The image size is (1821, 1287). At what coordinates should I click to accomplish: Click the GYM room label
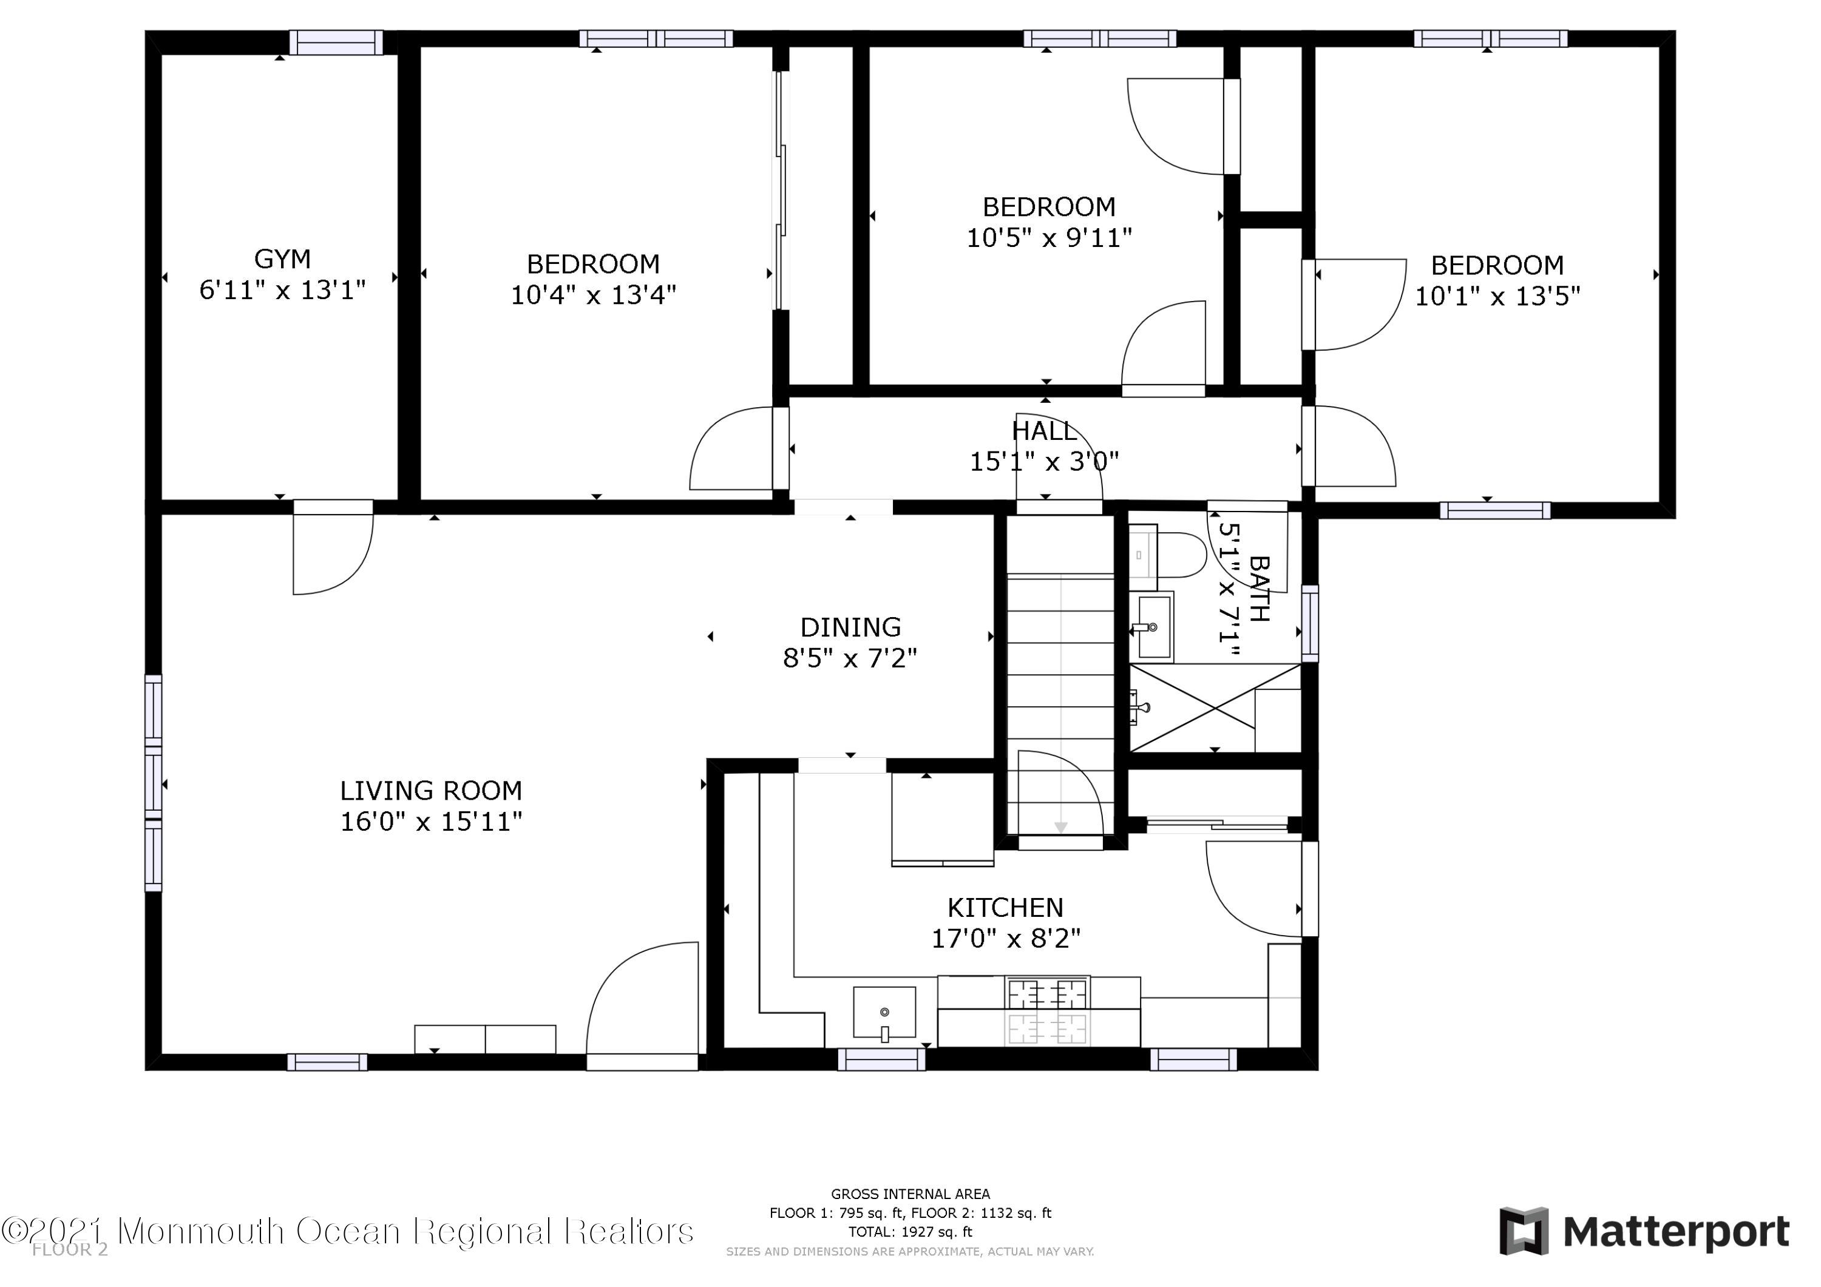click(x=282, y=258)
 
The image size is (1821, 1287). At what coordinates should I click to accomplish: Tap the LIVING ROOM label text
click(x=432, y=791)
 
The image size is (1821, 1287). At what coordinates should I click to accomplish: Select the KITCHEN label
click(x=1006, y=907)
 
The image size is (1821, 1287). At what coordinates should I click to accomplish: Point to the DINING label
click(x=850, y=627)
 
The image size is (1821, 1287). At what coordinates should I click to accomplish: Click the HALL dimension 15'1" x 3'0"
click(x=1044, y=461)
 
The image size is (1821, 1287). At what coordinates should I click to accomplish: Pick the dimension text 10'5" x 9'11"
click(x=1048, y=237)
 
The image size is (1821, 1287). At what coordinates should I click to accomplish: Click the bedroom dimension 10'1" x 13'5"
click(x=1497, y=296)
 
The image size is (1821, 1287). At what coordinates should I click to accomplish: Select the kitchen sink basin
click(x=884, y=1013)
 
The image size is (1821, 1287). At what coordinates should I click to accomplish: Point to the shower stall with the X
click(x=1214, y=708)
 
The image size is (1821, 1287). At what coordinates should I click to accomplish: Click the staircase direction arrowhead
click(x=1060, y=828)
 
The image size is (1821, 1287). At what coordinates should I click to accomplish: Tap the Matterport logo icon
click(x=1524, y=1232)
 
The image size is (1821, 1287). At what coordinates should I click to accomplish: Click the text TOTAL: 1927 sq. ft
click(x=910, y=1232)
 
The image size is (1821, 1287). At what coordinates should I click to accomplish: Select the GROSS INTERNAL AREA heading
click(x=910, y=1194)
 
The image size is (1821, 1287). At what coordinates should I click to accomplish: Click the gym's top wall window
click(x=336, y=42)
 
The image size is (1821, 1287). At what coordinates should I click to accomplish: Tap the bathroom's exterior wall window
click(x=1311, y=623)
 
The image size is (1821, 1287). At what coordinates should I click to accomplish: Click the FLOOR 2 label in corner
click(x=70, y=1251)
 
